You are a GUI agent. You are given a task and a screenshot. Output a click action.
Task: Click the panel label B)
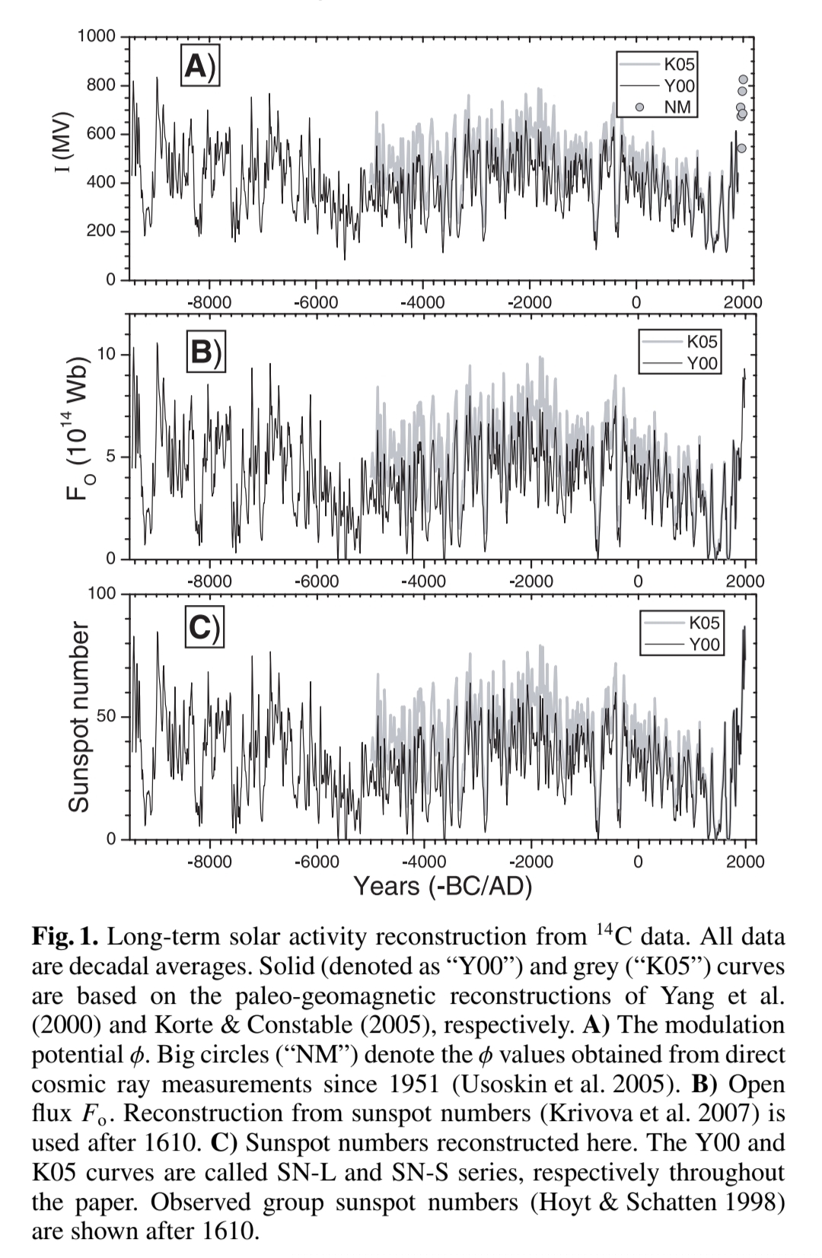[x=205, y=353]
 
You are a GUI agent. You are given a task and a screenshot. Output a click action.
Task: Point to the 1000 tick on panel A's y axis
[x=97, y=37]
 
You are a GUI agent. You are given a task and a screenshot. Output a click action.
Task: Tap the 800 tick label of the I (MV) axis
[x=101, y=85]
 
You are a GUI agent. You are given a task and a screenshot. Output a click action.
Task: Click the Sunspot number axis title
[x=79, y=717]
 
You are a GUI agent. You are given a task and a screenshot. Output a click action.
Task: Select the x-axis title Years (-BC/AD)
[x=442, y=886]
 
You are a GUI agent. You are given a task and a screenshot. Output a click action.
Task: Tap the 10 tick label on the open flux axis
[x=107, y=355]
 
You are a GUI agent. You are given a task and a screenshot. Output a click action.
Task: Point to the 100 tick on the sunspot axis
[x=102, y=594]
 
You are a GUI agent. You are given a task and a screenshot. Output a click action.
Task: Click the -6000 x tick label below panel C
[x=317, y=861]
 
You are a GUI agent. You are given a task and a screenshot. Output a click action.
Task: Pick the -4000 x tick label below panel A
[x=422, y=302]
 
